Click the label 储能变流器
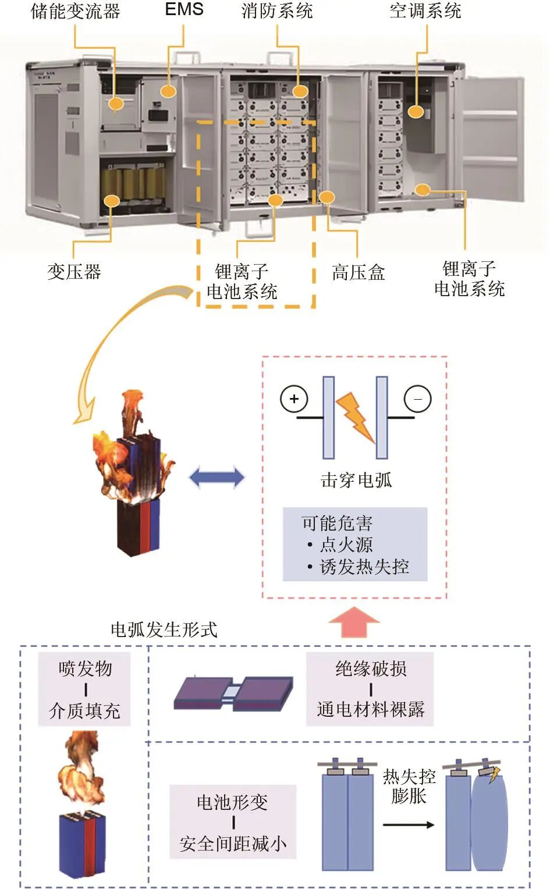click(x=75, y=11)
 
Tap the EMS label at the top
click(x=184, y=9)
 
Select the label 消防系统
click(x=277, y=10)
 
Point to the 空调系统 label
click(x=425, y=10)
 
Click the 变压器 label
click(x=74, y=272)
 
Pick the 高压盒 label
click(x=359, y=272)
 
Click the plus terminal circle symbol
click(x=294, y=399)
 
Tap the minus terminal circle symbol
click(x=418, y=399)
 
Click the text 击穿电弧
click(x=356, y=480)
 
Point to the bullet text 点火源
click(x=346, y=545)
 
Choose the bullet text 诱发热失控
click(x=364, y=567)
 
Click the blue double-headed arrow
click(x=217, y=478)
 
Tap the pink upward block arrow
click(x=354, y=623)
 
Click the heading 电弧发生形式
click(x=164, y=630)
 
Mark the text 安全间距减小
click(x=233, y=844)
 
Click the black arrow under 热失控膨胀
click(x=409, y=824)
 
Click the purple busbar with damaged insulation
click(x=233, y=692)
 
